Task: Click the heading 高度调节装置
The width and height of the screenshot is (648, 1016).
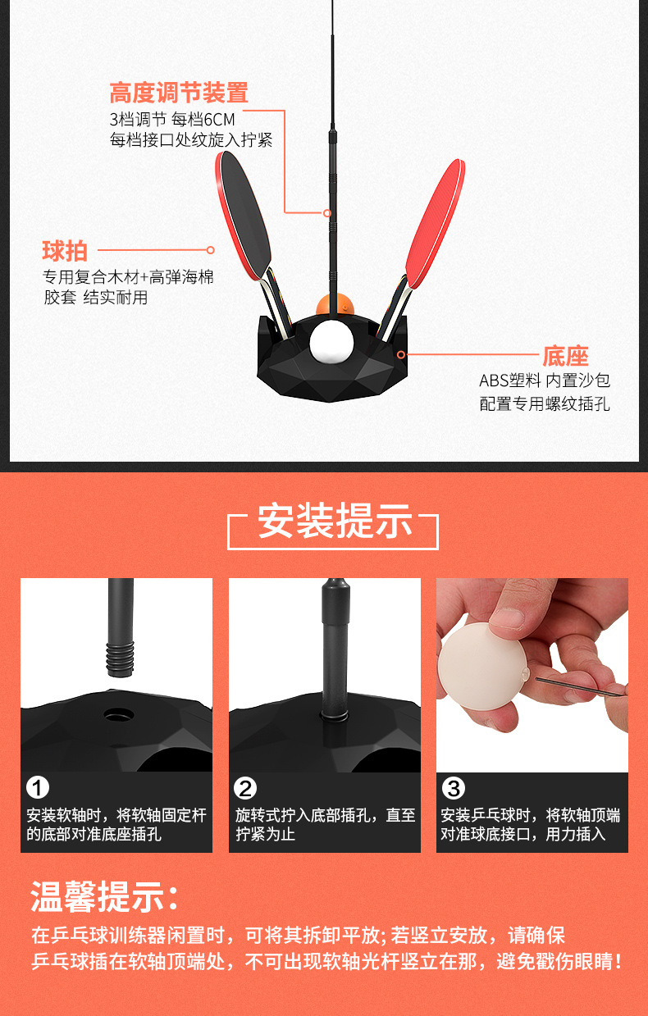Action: [x=178, y=92]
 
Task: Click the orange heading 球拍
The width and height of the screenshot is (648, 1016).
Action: [x=64, y=250]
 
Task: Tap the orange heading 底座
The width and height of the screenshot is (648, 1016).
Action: [x=565, y=356]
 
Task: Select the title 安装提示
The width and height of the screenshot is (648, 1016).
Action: [x=334, y=522]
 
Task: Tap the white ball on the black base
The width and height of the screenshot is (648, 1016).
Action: [x=330, y=343]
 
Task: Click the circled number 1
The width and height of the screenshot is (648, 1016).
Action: [x=38, y=789]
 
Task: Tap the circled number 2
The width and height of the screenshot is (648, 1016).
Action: [x=245, y=789]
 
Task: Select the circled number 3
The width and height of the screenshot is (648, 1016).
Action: [x=454, y=789]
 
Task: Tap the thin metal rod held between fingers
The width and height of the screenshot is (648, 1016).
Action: [x=574, y=685]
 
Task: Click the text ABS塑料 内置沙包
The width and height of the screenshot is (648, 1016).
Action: [x=544, y=381]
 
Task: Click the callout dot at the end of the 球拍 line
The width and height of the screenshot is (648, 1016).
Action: [x=210, y=250]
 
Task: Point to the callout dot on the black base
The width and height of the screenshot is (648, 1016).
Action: [x=401, y=355]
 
